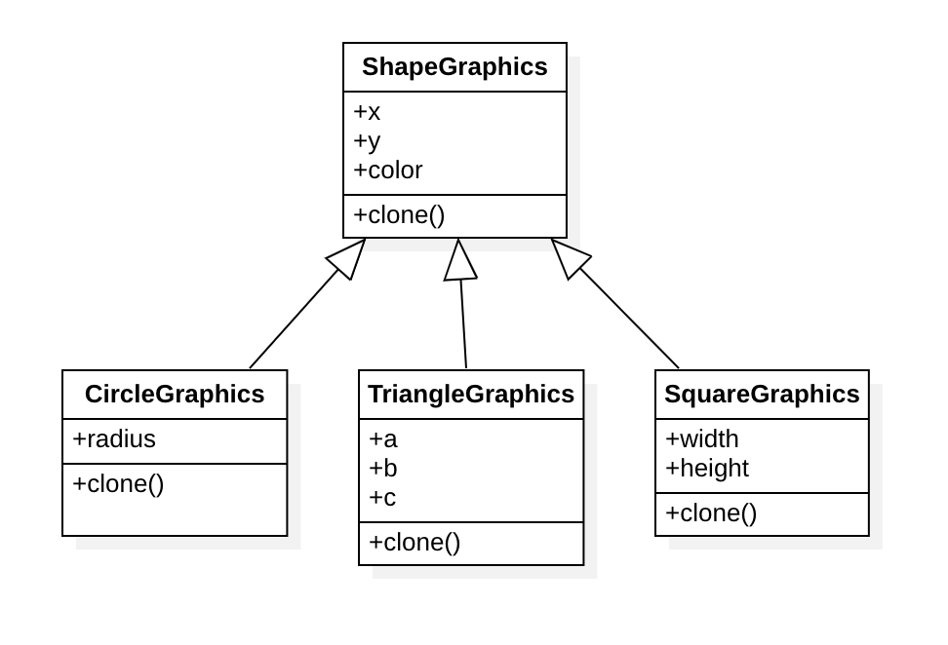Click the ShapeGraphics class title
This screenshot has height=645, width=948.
tap(454, 67)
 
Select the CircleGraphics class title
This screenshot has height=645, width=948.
tap(175, 395)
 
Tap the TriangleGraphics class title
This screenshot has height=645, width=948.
tap(471, 395)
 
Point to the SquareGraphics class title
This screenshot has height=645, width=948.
tap(762, 395)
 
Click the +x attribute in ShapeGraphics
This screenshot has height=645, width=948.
tap(367, 112)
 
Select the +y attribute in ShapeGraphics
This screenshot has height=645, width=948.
tap(367, 141)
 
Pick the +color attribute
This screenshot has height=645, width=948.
tap(388, 171)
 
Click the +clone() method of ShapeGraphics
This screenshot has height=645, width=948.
tap(399, 215)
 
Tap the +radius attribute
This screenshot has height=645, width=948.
tap(114, 439)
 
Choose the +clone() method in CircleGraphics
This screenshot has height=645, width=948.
tap(118, 484)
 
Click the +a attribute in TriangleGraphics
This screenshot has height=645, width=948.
tap(383, 439)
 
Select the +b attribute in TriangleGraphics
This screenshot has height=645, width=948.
tap(383, 469)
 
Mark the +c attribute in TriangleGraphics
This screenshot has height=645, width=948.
tap(382, 498)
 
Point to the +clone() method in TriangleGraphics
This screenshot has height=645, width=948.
tap(415, 543)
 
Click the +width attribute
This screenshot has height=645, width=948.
tap(702, 439)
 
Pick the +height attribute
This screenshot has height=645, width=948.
tap(707, 469)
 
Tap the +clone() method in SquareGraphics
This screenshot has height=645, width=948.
tap(711, 513)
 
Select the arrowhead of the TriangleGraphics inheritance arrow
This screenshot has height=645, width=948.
tap(459, 261)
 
